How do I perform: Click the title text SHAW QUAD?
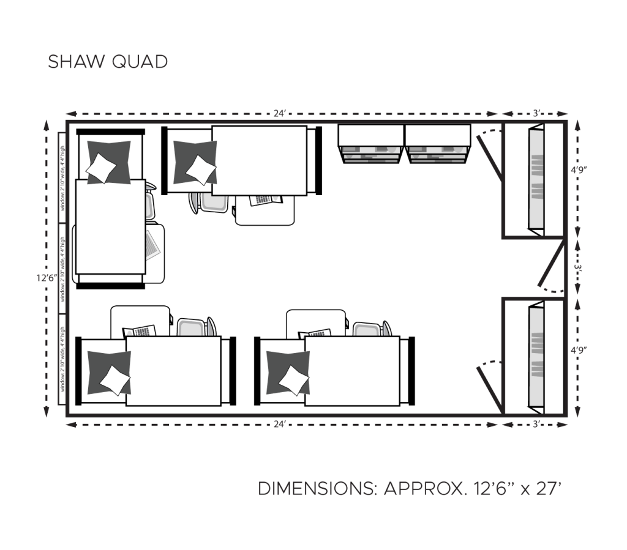(x=108, y=62)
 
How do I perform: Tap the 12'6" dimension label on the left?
(x=47, y=277)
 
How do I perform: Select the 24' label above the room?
(x=280, y=113)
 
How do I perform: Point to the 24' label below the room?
(x=280, y=424)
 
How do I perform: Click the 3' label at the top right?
(x=536, y=113)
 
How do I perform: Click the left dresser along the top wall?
(x=371, y=145)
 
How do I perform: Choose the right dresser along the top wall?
(x=437, y=145)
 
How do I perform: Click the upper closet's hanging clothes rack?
(x=536, y=177)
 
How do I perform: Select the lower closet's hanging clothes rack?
(x=536, y=354)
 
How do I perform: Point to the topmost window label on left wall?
(x=62, y=177)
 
